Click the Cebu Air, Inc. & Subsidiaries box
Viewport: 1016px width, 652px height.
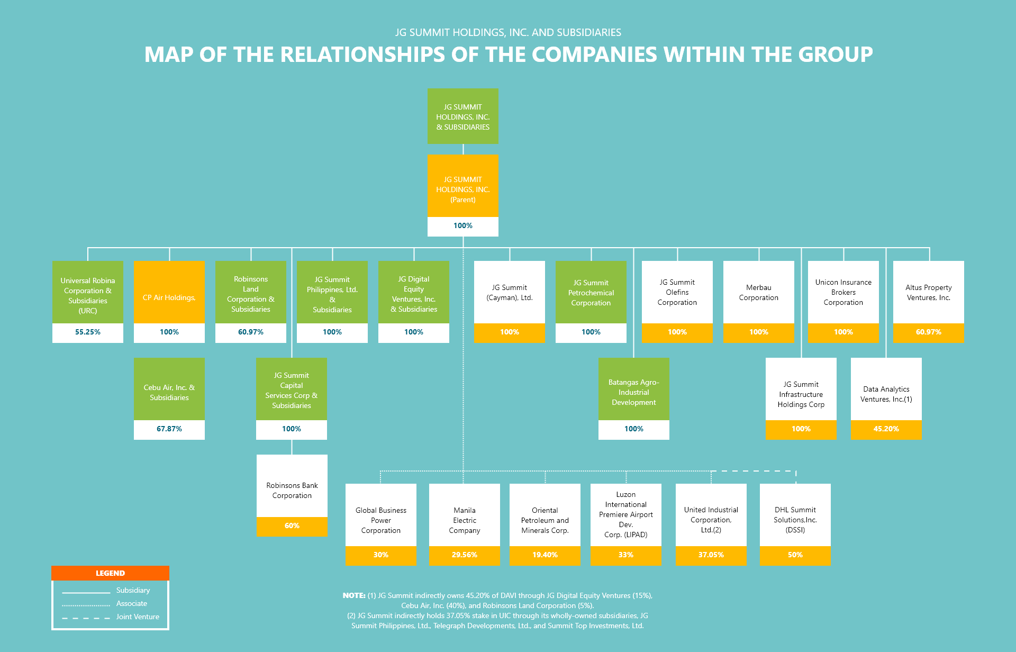[x=169, y=392]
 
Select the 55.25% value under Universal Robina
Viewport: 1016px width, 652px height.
[x=88, y=332]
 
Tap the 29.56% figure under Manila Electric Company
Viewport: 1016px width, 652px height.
[x=464, y=555]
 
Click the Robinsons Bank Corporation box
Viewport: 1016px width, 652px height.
[x=292, y=490]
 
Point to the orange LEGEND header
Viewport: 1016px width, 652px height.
[x=110, y=573]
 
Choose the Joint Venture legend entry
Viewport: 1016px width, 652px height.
[x=138, y=617]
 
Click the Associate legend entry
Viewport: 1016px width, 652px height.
[x=132, y=604]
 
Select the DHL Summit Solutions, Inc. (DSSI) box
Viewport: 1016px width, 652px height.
[x=795, y=520]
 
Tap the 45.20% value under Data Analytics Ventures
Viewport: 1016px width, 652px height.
[x=886, y=429]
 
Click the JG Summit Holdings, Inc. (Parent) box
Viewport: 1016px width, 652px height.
[x=463, y=189]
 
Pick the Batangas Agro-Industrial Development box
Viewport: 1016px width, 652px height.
[x=633, y=392]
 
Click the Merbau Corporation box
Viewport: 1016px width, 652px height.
[x=758, y=293]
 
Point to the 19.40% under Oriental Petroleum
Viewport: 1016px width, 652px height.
[x=545, y=555]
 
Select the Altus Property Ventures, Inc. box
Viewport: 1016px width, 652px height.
[x=928, y=293]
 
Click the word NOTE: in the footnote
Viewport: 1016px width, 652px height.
[x=354, y=596]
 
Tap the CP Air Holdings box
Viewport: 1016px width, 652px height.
[x=169, y=297]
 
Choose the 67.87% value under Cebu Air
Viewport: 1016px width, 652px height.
[x=169, y=429]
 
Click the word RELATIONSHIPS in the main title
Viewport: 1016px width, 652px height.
[x=362, y=55]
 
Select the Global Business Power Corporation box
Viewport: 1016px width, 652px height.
[x=381, y=520]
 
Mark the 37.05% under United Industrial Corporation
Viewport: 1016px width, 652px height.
[x=711, y=555]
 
